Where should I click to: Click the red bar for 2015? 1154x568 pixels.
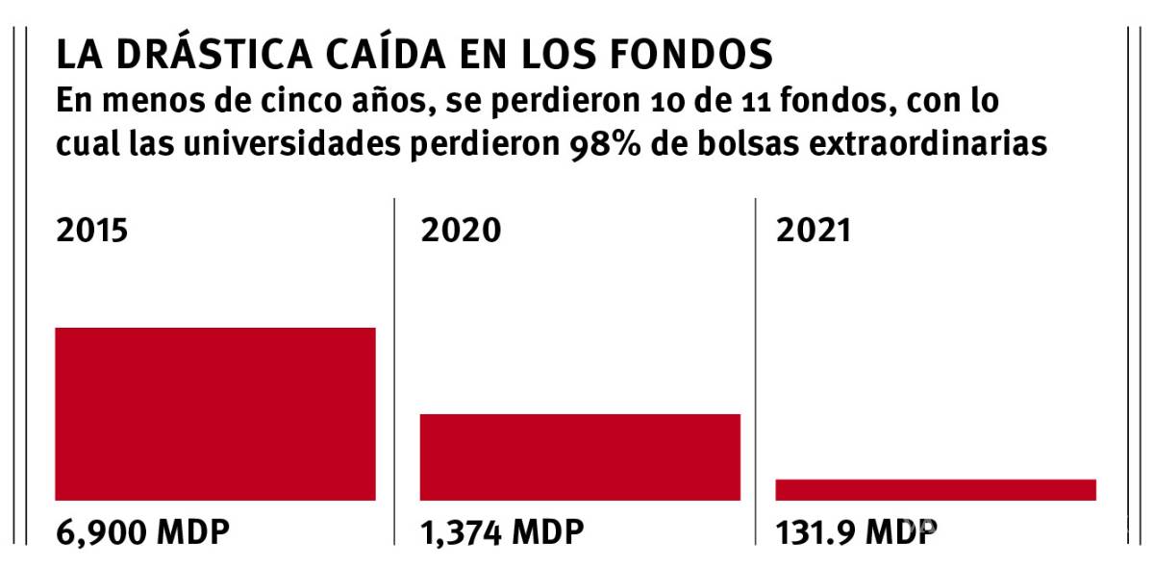(x=215, y=413)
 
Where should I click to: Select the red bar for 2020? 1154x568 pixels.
(x=580, y=457)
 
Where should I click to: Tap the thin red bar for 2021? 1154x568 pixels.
(x=936, y=489)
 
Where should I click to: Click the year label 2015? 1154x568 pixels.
(x=92, y=232)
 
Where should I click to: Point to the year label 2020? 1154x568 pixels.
(x=461, y=232)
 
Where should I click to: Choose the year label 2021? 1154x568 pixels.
(x=814, y=232)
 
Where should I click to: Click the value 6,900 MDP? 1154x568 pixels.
(x=142, y=531)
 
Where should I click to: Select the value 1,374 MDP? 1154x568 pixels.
(x=502, y=531)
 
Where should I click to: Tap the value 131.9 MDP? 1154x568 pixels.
(x=856, y=531)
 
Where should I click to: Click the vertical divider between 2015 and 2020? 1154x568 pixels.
(x=395, y=370)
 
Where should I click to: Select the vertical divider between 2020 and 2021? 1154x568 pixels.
(x=756, y=370)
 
